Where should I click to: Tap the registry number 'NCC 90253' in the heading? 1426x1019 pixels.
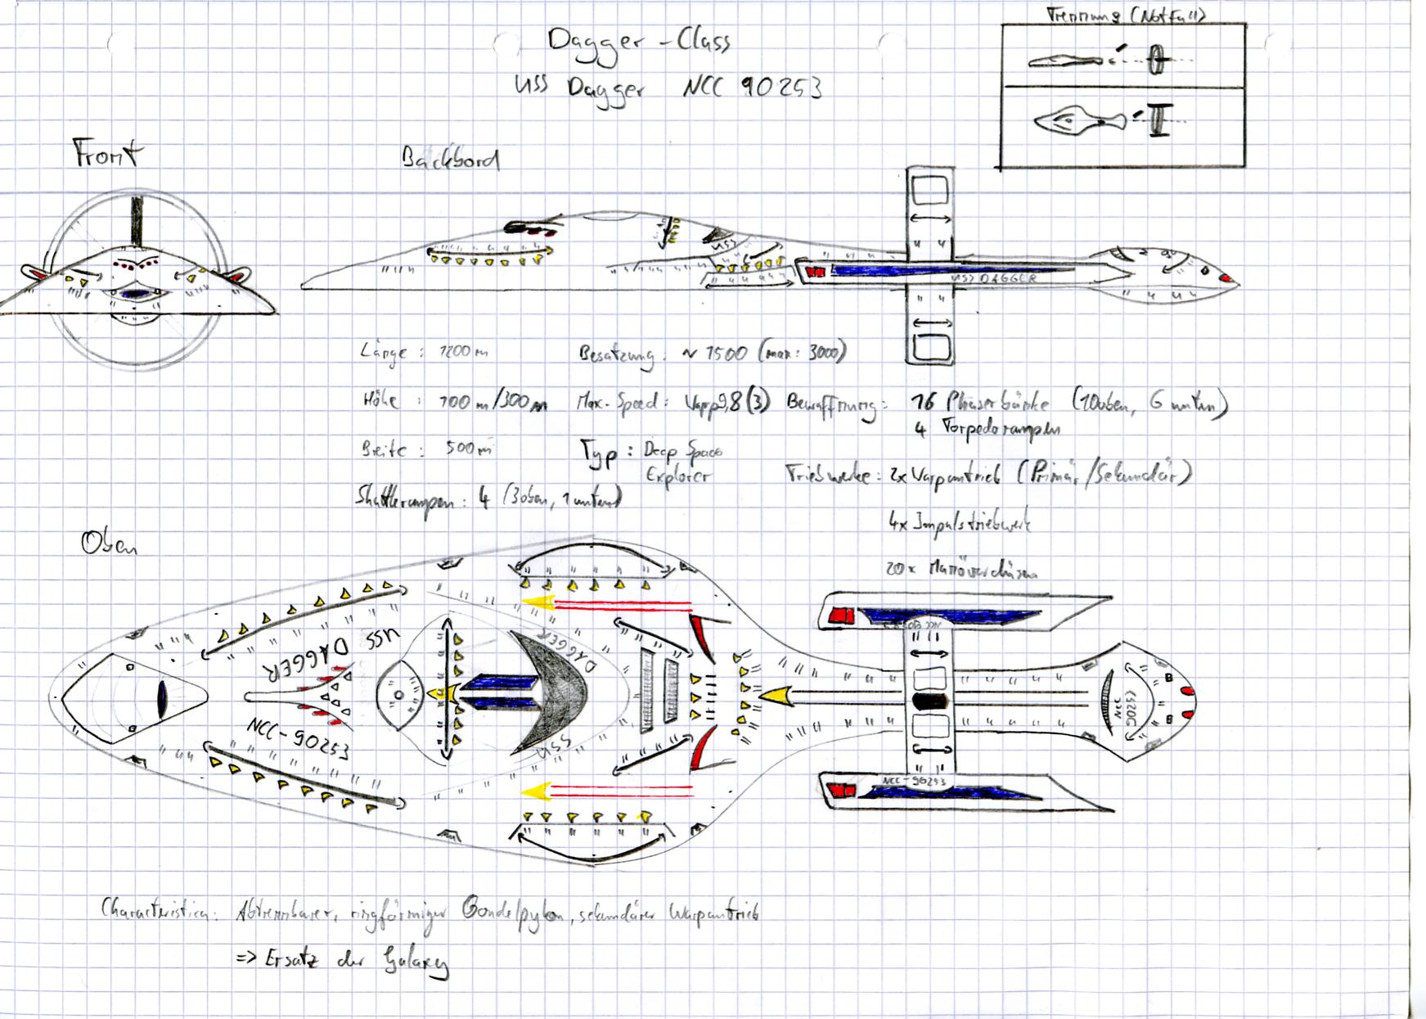coord(752,87)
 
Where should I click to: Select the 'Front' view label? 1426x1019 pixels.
coord(107,153)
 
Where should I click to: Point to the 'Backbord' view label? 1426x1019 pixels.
coord(450,159)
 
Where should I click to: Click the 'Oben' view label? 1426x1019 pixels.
coord(109,543)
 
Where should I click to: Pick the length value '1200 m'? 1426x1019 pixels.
coord(463,352)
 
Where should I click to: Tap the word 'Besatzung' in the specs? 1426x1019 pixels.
coord(617,354)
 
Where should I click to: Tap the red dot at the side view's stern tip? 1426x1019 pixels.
coord(1226,279)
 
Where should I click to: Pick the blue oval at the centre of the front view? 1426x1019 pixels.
coord(133,293)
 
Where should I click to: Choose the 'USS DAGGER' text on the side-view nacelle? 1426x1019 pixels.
coord(994,279)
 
